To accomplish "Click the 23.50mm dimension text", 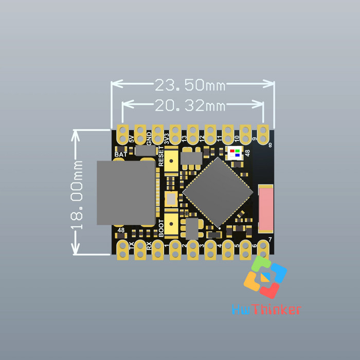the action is (x=190, y=85).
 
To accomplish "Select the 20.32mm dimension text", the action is (x=190, y=105).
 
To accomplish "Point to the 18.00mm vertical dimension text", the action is (x=77, y=195).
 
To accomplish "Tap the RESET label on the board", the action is (x=161, y=156).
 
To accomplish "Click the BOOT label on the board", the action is (x=161, y=228).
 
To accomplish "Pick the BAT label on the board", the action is (x=120, y=154).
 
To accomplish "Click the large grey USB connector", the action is (x=126, y=193).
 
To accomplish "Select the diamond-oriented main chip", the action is (x=218, y=192).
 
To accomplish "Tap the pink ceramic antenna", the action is (x=266, y=209).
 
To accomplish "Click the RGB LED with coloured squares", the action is (x=235, y=153).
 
